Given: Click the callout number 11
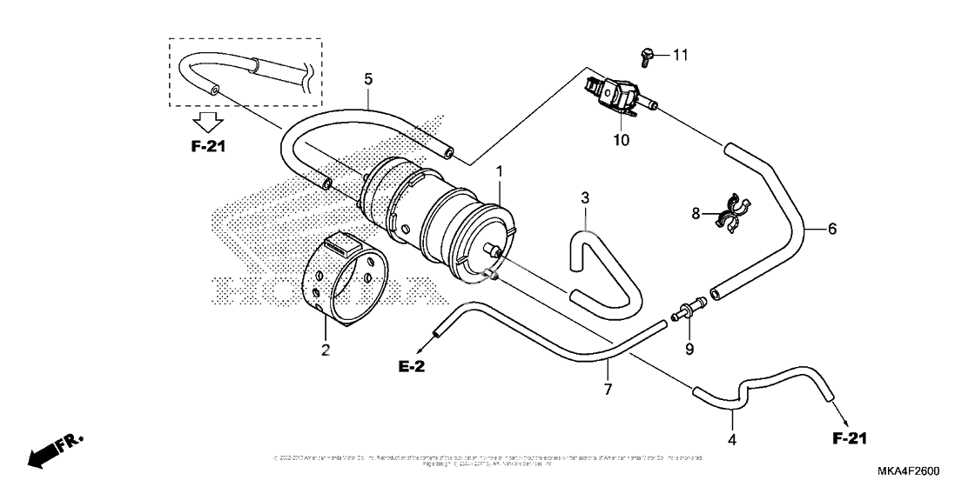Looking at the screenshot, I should [680, 55].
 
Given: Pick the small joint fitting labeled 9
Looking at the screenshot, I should [689, 307].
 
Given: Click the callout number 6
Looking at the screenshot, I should [831, 229].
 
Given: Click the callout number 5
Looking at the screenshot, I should [368, 79].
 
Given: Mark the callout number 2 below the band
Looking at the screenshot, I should [326, 350].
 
